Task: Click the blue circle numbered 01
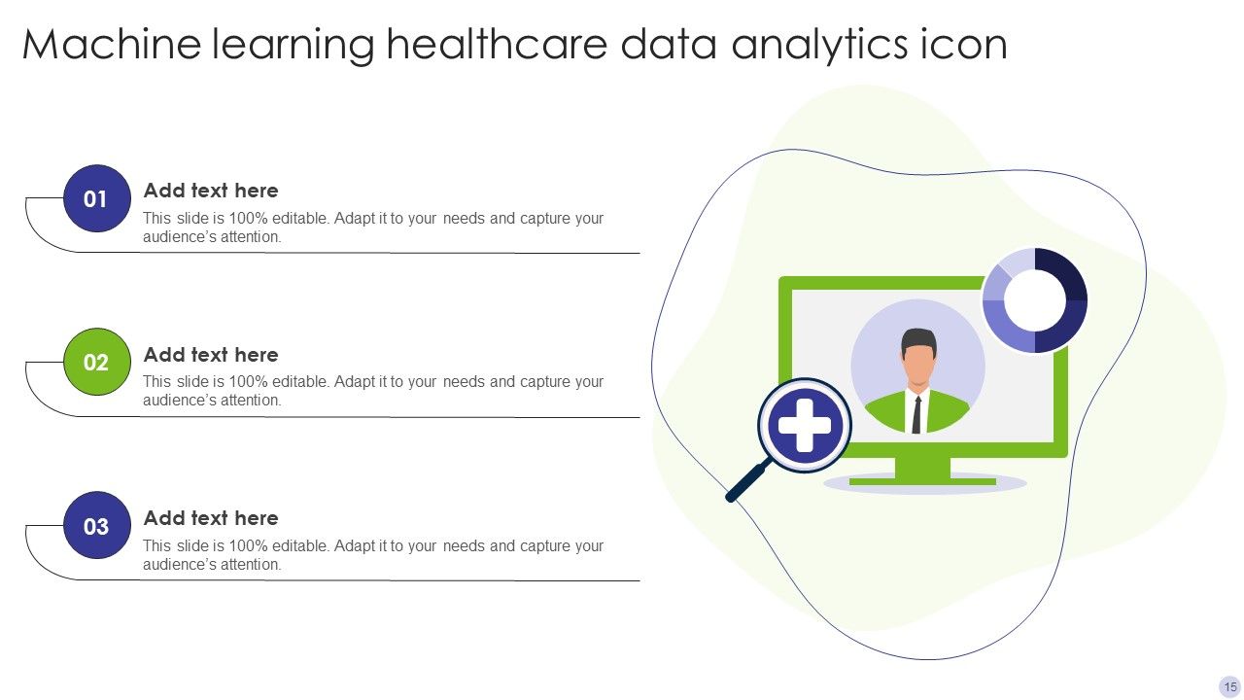(x=96, y=199)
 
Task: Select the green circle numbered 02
(x=96, y=363)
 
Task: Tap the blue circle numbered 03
(x=96, y=527)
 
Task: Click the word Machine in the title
(x=103, y=45)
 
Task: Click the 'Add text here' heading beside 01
(x=211, y=191)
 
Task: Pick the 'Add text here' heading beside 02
(x=211, y=355)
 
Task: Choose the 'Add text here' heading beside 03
(x=211, y=518)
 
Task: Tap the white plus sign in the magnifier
(x=805, y=426)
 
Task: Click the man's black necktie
(x=916, y=415)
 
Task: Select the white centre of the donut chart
(x=1035, y=300)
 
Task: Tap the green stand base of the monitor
(x=922, y=479)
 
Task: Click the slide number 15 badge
(x=1230, y=686)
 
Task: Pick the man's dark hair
(x=918, y=340)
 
